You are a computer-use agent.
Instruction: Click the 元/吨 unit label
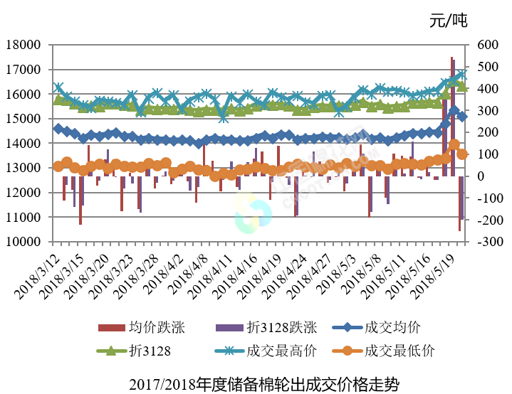449,20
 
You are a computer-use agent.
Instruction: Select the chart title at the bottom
256,385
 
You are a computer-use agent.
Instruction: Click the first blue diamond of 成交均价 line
58,129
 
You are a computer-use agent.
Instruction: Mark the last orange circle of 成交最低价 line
462,154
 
